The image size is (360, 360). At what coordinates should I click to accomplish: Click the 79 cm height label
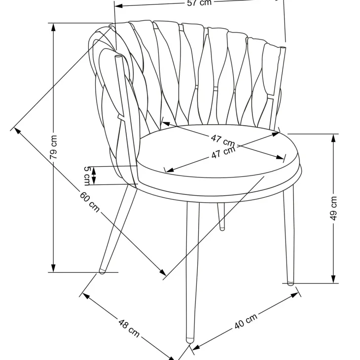53,147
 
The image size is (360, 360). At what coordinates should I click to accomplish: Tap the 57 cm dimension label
199,3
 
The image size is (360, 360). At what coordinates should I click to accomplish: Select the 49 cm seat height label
333,208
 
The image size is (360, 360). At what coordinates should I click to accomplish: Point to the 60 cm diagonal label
90,202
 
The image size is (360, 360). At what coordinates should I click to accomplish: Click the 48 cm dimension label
129,328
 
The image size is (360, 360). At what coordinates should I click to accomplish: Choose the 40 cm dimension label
246,322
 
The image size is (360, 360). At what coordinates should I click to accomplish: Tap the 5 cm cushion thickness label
87,176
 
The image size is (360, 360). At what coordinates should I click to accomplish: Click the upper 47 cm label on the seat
223,141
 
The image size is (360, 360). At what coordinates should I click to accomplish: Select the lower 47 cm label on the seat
223,152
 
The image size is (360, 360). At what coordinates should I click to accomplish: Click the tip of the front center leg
190,340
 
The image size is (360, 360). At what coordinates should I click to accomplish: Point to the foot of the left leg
102,271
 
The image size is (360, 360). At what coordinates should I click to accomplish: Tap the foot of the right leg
290,283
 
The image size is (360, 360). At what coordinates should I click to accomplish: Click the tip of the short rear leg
222,228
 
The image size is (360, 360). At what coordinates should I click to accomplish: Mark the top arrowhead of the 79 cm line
53,27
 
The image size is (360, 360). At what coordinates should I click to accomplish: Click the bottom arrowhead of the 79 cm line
53,268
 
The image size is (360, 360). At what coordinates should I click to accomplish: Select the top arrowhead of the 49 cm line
333,138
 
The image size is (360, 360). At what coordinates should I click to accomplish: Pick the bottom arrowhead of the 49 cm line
333,279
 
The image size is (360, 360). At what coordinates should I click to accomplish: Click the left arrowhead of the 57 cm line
118,5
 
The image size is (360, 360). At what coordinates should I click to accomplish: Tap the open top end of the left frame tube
118,57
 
